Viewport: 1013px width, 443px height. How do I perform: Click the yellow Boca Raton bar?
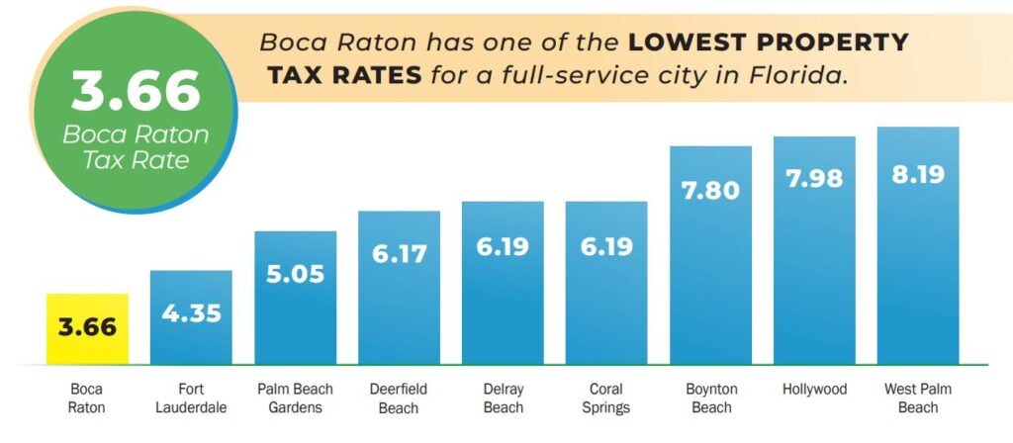87,328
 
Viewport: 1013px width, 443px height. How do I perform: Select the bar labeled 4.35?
191,316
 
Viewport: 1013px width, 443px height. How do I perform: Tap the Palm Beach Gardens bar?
295,297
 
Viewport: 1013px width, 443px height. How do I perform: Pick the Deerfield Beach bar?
399,287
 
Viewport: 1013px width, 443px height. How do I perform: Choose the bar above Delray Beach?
503,283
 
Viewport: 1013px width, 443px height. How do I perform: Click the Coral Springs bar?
606,283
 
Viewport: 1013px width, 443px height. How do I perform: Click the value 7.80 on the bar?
710,190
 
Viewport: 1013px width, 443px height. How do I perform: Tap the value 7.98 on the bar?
814,181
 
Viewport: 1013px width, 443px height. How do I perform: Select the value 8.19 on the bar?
918,174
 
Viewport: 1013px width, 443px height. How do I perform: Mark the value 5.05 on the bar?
295,274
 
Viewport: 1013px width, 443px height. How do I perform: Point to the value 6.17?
399,254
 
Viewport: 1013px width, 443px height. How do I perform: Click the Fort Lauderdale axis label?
191,399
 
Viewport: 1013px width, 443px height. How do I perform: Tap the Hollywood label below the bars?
814,390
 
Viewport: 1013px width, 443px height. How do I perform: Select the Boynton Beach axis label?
710,399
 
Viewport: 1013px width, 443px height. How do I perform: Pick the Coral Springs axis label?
606,399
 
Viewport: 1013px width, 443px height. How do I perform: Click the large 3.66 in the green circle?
136,91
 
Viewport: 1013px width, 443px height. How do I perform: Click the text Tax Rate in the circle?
136,160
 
